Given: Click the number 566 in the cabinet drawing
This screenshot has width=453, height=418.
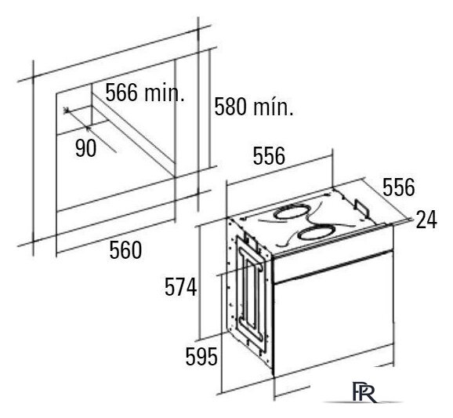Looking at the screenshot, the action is [121, 93].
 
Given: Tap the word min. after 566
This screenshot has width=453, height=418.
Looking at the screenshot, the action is [165, 93].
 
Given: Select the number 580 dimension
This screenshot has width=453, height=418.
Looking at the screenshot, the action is [230, 107].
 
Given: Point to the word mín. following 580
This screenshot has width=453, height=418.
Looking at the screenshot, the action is [274, 107].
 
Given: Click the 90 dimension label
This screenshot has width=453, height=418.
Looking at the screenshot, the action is [85, 148].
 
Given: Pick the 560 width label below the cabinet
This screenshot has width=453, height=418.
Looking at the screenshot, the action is [125, 250].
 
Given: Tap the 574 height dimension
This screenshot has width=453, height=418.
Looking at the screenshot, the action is [180, 287].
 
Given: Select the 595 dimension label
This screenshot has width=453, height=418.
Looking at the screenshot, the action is [201, 356].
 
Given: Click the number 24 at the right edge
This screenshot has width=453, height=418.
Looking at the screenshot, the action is [426, 220].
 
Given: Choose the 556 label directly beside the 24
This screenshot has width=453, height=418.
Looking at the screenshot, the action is [399, 187].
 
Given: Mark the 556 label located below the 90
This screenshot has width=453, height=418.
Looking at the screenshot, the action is [269, 156].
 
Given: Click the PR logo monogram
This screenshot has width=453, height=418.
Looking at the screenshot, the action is [364, 391].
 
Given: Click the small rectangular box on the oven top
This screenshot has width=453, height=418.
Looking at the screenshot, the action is [362, 208].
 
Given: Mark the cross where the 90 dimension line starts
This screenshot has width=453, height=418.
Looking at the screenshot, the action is [67, 110].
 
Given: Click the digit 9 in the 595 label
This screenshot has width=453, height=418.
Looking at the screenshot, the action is [201, 356].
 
